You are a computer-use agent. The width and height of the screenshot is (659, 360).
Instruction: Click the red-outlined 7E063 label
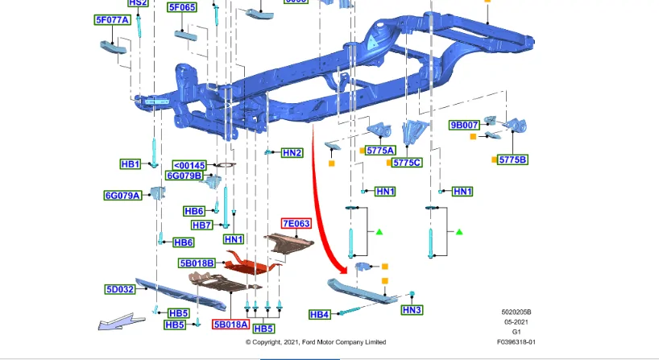(x=296, y=223)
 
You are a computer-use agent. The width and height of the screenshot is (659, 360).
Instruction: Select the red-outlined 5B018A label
(x=230, y=325)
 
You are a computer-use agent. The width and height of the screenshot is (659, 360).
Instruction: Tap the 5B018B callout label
(x=197, y=263)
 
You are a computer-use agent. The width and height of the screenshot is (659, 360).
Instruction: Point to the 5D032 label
(x=120, y=289)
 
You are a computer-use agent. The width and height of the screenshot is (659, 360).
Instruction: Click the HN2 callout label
(x=292, y=153)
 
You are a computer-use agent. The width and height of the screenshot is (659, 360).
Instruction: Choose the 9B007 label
(x=464, y=125)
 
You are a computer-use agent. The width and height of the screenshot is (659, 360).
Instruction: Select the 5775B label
(x=512, y=159)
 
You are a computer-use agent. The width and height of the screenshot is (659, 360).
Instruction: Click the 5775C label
(x=407, y=163)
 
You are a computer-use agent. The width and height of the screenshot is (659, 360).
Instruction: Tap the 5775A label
(x=380, y=151)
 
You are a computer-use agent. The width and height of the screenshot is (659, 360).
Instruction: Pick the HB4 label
(x=319, y=314)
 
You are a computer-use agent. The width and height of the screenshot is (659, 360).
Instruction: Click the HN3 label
(x=412, y=310)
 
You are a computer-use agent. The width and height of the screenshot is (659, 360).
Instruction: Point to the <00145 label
(x=189, y=166)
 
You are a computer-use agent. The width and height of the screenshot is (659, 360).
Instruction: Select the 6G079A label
(x=122, y=196)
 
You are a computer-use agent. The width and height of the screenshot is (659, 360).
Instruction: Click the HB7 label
(x=201, y=226)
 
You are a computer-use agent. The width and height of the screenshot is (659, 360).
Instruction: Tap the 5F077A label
(x=112, y=20)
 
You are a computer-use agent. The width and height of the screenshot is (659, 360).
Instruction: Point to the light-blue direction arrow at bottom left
(x=122, y=322)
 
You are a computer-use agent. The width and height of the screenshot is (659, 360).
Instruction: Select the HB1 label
(x=131, y=163)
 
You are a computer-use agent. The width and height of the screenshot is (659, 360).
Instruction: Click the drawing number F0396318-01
(x=516, y=342)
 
